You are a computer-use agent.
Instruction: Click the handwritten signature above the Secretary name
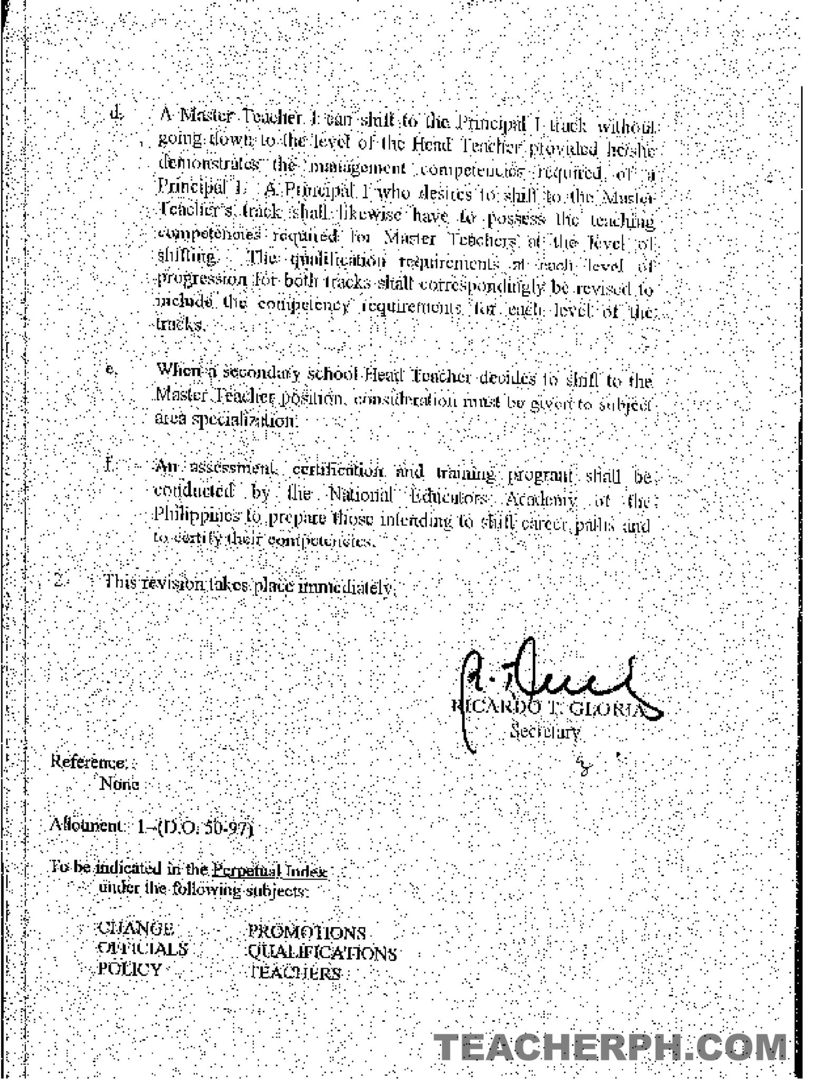click(x=549, y=680)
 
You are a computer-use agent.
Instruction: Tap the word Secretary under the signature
click(x=545, y=732)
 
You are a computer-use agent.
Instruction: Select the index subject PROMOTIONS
click(x=306, y=933)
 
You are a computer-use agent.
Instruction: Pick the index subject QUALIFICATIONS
click(x=322, y=953)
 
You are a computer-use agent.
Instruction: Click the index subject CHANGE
click(x=136, y=929)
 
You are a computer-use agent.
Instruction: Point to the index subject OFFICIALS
click(x=142, y=949)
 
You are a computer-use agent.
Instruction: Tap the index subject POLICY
click(x=130, y=969)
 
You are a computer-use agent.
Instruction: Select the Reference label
click(x=88, y=763)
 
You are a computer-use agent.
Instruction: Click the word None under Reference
click(x=119, y=784)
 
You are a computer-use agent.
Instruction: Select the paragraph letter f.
click(x=109, y=466)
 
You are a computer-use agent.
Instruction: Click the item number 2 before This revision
click(x=60, y=582)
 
